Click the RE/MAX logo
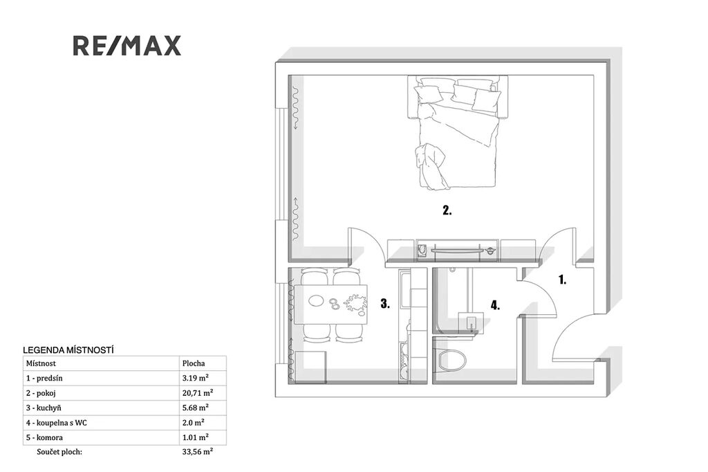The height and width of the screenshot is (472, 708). coord(127,46)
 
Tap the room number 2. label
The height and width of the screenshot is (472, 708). coord(447,210)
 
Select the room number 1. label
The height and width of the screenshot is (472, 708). coord(562,280)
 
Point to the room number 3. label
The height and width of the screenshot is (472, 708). coord(385,303)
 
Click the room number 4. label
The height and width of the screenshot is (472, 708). coord(495,306)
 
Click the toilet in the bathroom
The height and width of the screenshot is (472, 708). coord(452,361)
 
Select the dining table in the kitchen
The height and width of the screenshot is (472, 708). coord(330,304)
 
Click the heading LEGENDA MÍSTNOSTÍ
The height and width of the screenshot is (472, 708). coord(68,350)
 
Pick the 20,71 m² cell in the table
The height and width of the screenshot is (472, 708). coord(198,393)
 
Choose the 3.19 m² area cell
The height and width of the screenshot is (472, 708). coord(196,378)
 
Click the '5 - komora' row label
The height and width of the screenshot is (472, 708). coord(45,437)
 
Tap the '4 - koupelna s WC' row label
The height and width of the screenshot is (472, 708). coord(57,423)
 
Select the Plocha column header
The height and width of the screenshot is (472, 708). coord(194,363)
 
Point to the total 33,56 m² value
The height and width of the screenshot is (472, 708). coord(198,452)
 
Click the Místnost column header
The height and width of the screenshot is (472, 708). coord(41,363)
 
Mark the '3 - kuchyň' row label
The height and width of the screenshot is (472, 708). coord(44,408)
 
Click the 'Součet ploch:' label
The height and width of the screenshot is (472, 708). coord(59,452)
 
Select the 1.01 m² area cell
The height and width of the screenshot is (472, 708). coord(196,437)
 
